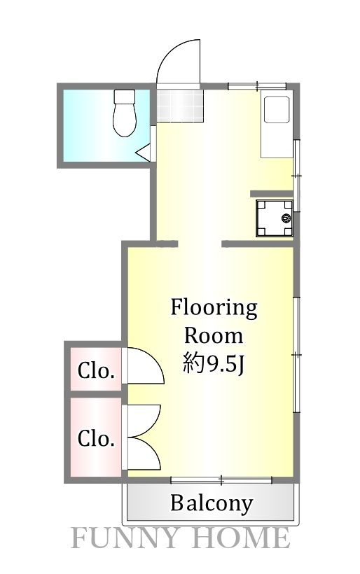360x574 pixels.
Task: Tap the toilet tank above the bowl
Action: point(125,97)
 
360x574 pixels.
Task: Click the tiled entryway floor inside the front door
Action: point(179,105)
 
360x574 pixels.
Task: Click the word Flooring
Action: point(214,307)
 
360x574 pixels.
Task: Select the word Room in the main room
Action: point(214,335)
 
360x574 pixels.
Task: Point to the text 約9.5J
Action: point(214,364)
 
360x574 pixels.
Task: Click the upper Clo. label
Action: point(96,370)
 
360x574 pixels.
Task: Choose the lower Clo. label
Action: point(96,439)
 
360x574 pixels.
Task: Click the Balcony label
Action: point(212,503)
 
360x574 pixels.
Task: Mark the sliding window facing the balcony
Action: point(221,480)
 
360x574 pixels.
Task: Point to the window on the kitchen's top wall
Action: point(257,85)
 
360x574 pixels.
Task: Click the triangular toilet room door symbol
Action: point(144,153)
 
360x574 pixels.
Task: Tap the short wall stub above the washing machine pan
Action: point(271,192)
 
